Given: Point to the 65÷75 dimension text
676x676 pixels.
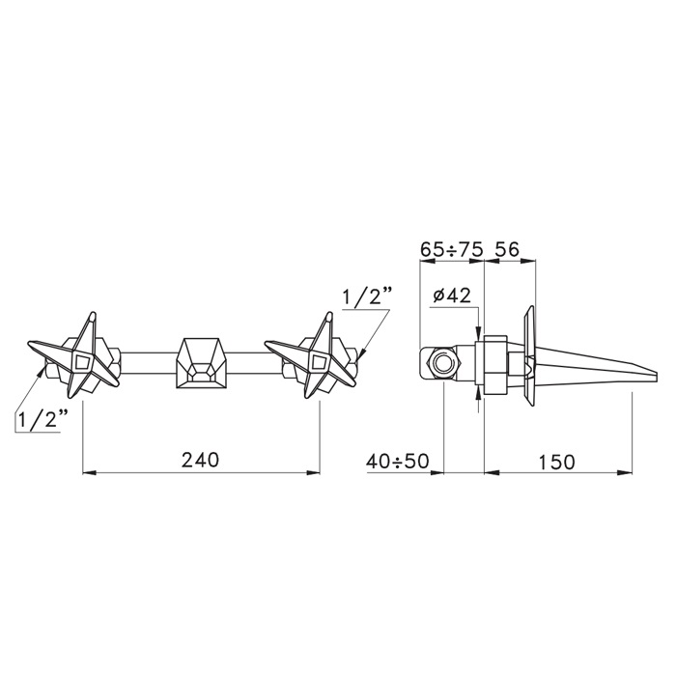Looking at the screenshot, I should [x=450, y=249].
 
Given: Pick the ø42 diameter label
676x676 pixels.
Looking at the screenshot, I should [x=452, y=296].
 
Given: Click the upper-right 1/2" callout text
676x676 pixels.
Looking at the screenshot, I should [x=365, y=297].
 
